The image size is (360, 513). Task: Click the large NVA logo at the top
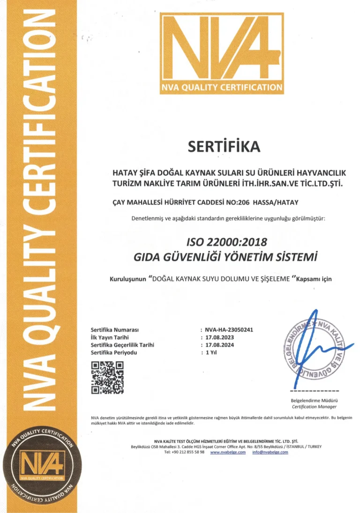(x=222, y=53)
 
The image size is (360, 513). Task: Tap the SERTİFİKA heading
(x=223, y=147)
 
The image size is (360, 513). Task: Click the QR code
(x=108, y=378)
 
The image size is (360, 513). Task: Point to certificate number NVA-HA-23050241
(x=229, y=329)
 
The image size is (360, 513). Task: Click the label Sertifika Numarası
(x=114, y=329)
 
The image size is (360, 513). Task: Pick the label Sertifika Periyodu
(x=114, y=352)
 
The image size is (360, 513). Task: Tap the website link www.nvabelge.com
(x=228, y=452)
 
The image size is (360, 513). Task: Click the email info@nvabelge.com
(x=270, y=452)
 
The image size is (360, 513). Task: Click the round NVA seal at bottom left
(x=41, y=470)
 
